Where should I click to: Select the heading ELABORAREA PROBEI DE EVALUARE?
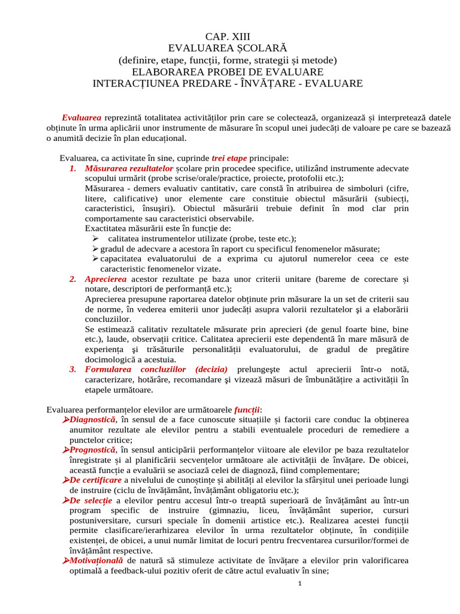pos(228,72)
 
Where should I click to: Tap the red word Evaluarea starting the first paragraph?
pos(81,118)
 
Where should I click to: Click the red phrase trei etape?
pos(229,158)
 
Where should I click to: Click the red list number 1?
pos(72,168)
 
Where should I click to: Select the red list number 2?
pos(72,279)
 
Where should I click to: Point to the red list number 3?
pos(72,369)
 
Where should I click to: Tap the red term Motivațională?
pos(97,561)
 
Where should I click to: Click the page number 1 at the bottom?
pos(298,584)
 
